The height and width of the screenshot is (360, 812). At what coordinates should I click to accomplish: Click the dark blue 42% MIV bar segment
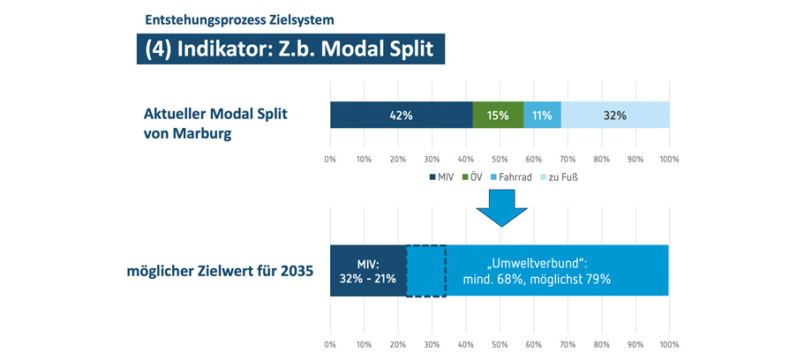click(402, 116)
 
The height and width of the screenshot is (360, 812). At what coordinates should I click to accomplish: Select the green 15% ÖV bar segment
click(498, 116)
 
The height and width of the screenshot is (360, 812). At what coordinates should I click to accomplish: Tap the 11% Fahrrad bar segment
click(542, 116)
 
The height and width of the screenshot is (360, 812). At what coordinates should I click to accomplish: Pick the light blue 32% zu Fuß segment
click(614, 116)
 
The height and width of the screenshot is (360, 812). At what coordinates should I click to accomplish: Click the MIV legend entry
click(440, 177)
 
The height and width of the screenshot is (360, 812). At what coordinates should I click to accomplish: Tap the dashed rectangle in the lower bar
click(426, 271)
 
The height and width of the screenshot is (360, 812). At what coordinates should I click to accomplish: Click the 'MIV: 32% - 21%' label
click(368, 271)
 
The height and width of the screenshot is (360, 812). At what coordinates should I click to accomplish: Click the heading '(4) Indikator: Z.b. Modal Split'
click(290, 49)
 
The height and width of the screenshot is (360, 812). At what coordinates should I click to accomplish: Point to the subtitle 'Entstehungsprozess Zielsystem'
click(239, 19)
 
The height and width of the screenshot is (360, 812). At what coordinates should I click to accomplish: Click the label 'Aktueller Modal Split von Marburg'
click(215, 124)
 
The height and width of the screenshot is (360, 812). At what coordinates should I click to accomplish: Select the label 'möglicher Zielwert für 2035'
click(219, 272)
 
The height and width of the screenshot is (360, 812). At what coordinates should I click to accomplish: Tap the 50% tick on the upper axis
click(500, 160)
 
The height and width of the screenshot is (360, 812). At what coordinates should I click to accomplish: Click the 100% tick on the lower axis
click(669, 343)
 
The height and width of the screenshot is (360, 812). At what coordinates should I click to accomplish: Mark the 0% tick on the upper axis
click(330, 160)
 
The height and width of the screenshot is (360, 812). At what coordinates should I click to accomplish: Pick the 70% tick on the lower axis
click(568, 343)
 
